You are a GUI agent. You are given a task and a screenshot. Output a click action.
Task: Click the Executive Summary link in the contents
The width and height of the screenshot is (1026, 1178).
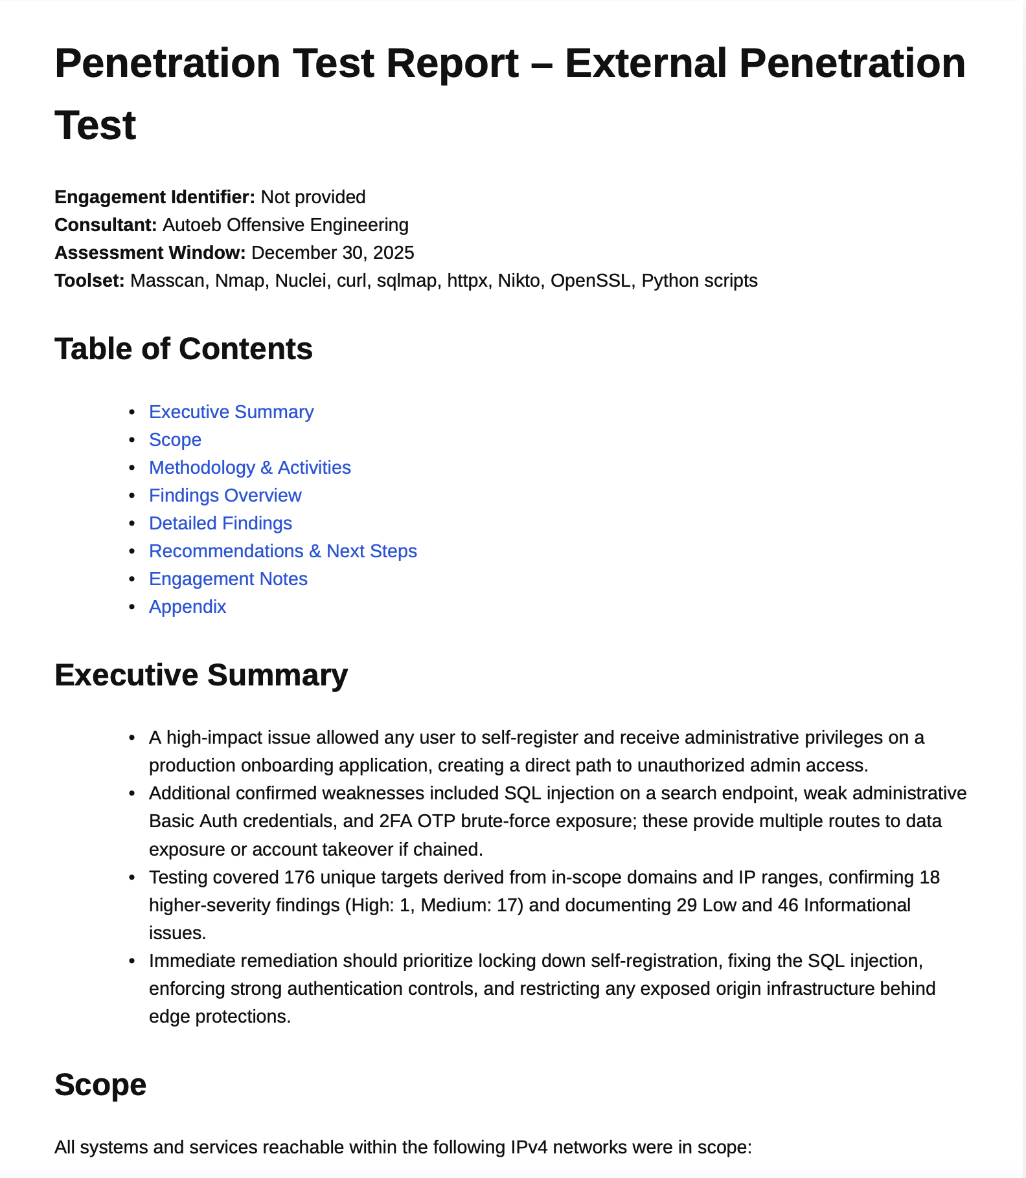231,412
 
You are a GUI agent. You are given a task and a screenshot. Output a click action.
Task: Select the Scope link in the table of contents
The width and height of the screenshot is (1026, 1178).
175,440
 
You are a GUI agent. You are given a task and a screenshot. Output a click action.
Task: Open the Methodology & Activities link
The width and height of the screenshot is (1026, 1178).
249,468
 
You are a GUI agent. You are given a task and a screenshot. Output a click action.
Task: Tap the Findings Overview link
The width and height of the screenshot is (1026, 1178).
225,496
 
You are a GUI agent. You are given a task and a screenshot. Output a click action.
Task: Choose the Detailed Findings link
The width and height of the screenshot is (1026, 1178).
220,524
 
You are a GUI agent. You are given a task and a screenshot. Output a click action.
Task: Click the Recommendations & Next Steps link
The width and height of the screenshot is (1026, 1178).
282,551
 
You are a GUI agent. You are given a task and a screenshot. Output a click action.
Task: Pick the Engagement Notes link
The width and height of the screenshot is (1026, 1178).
228,579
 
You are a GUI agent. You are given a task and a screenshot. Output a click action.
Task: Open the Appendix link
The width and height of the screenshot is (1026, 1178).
187,607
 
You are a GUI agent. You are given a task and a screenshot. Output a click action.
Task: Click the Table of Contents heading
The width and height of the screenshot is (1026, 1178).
183,350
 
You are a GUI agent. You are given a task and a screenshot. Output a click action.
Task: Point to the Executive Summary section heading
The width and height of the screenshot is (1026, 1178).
201,675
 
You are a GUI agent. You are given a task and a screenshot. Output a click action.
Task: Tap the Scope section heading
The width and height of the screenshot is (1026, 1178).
100,1085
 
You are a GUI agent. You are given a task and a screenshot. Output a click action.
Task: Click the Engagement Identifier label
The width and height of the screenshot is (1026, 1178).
155,197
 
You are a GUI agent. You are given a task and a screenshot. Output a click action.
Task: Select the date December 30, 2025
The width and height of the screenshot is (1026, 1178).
332,253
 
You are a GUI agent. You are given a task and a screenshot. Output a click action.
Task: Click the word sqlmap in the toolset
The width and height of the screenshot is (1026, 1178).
407,281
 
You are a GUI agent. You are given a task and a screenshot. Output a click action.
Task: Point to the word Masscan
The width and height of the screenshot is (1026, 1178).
167,281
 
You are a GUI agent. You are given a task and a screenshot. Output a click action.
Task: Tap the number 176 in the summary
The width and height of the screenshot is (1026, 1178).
299,878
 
